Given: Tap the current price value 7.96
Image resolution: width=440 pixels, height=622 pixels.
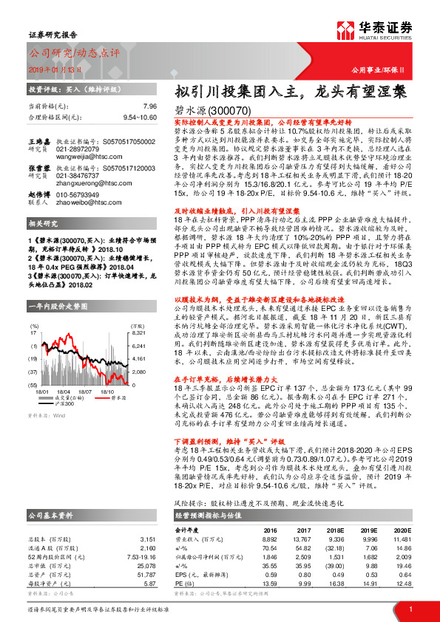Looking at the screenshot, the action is [150, 106].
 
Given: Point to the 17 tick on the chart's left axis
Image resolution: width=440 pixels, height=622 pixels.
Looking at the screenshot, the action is [34, 313].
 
